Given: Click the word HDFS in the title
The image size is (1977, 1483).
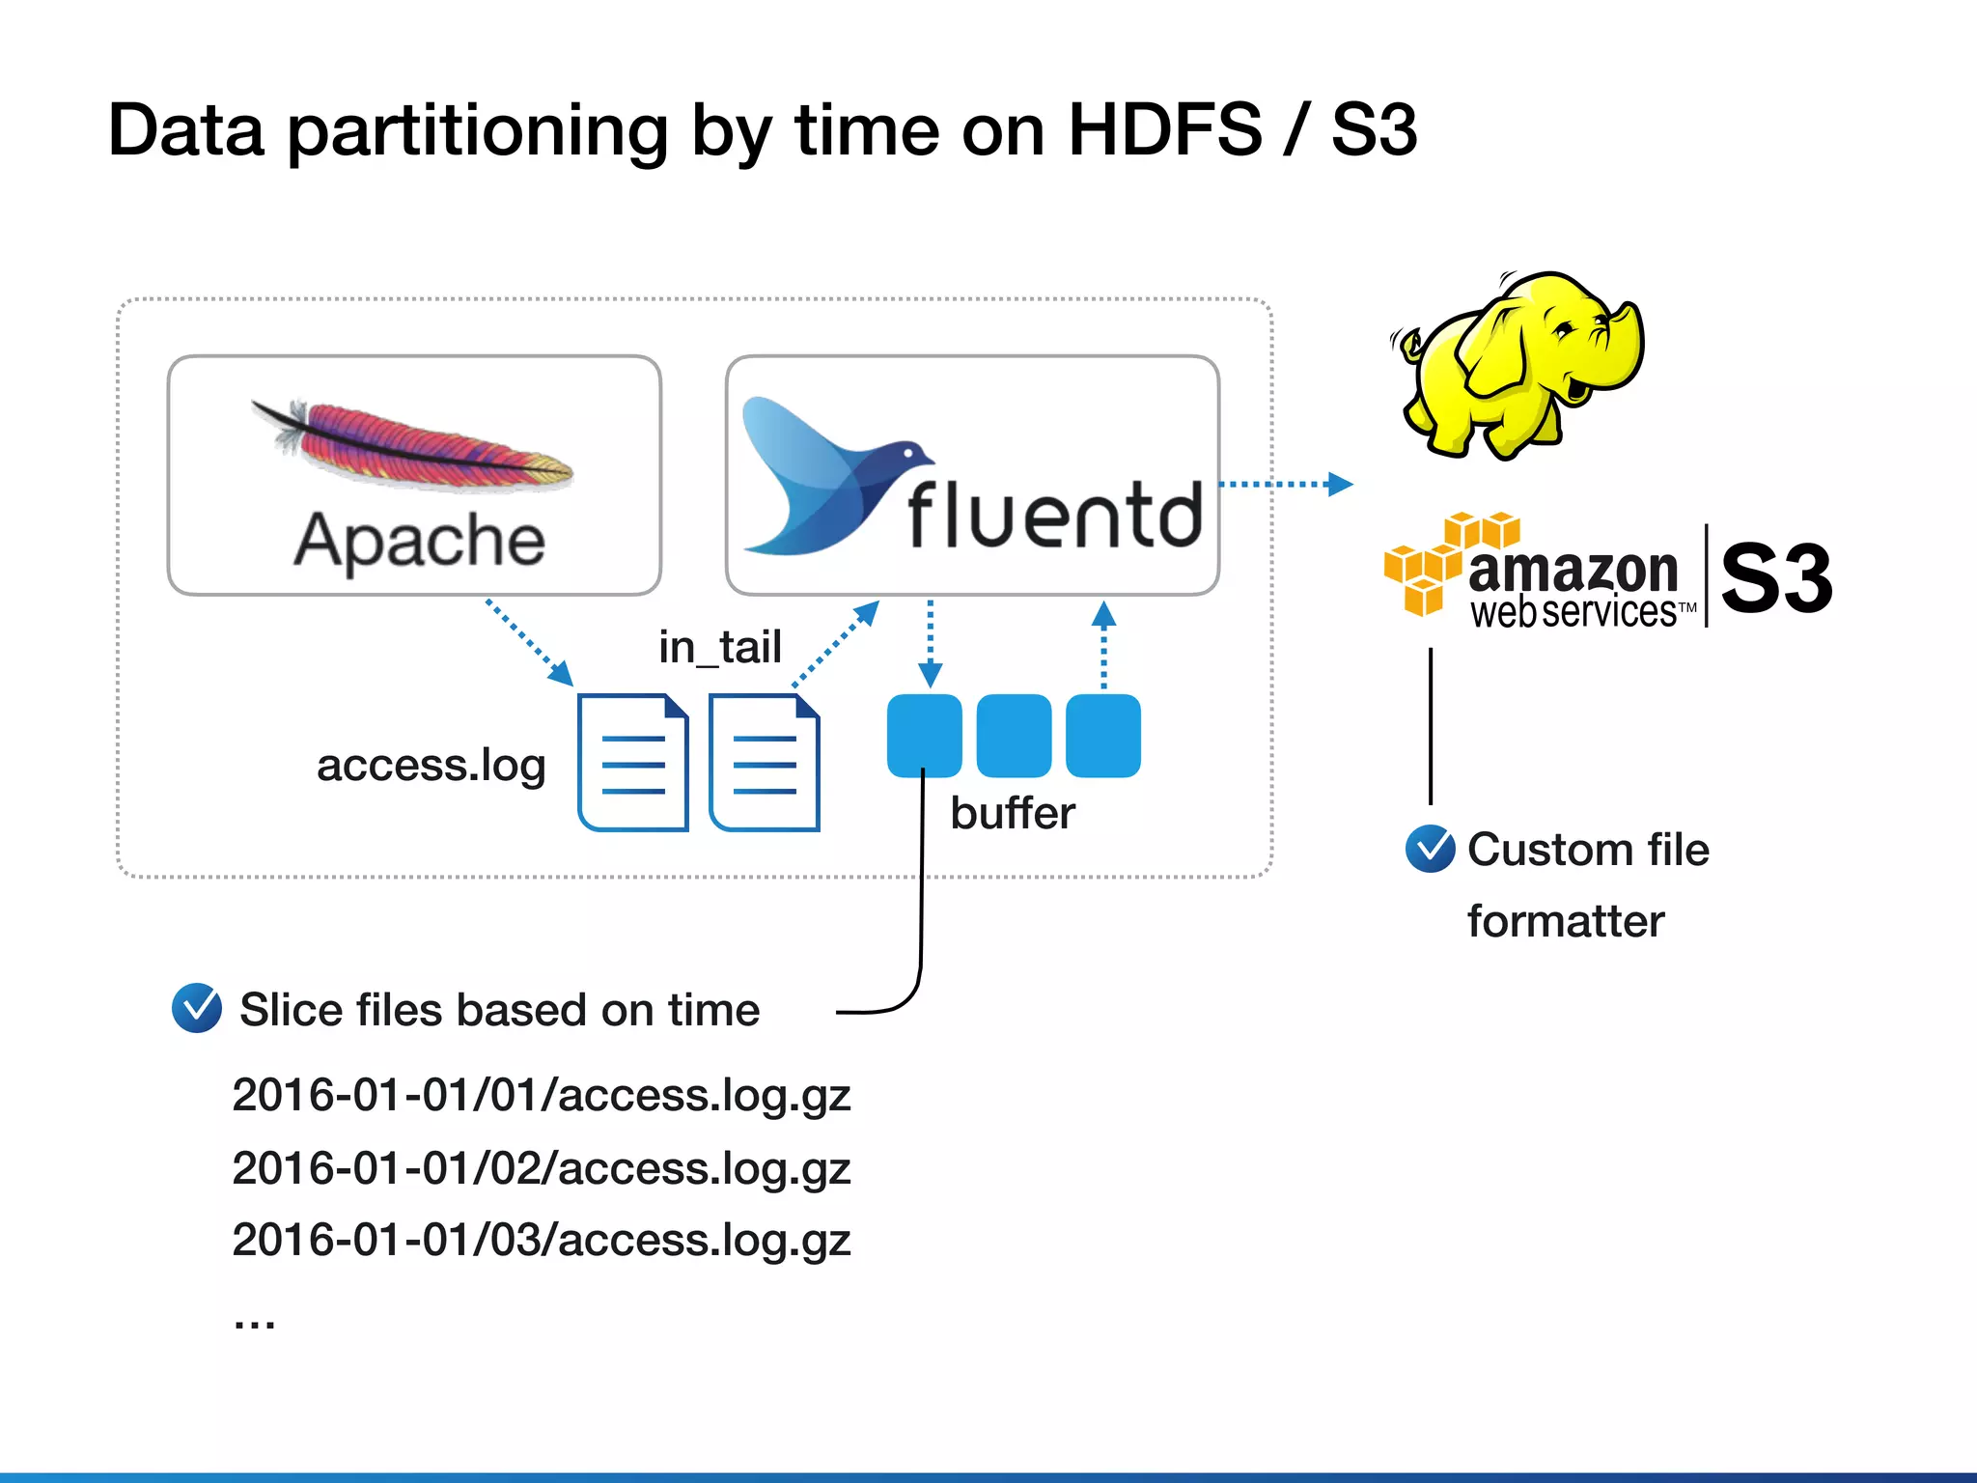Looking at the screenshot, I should pyautogui.click(x=1164, y=130).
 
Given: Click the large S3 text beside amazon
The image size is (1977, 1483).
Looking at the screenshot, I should pyautogui.click(x=1776, y=577).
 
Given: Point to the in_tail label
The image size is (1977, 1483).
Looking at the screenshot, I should pyautogui.click(x=719, y=647).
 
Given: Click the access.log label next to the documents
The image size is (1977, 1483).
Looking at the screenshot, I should pyautogui.click(x=431, y=766).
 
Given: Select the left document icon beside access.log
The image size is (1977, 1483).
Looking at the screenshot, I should pyautogui.click(x=633, y=763).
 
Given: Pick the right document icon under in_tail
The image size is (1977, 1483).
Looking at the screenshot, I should pyautogui.click(x=765, y=763).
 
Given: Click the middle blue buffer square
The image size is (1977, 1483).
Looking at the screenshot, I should pyautogui.click(x=1014, y=736).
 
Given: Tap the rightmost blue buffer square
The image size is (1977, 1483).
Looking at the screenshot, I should pyautogui.click(x=1103, y=736).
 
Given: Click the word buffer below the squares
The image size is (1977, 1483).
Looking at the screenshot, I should pyautogui.click(x=1012, y=813).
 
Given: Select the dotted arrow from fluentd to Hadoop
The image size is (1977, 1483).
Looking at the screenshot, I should pyautogui.click(x=1284, y=484).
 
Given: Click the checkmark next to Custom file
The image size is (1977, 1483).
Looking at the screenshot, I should pyautogui.click(x=1430, y=850).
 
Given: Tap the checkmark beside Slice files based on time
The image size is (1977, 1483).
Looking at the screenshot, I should pyautogui.click(x=197, y=1008).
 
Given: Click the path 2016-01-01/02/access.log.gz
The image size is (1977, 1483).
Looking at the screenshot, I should pyautogui.click(x=541, y=1168).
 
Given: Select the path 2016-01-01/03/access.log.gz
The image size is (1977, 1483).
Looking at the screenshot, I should pyautogui.click(x=541, y=1240).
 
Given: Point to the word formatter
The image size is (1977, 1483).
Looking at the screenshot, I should pyautogui.click(x=1565, y=921).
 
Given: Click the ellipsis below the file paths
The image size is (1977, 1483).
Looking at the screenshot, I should pyautogui.click(x=254, y=1322).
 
